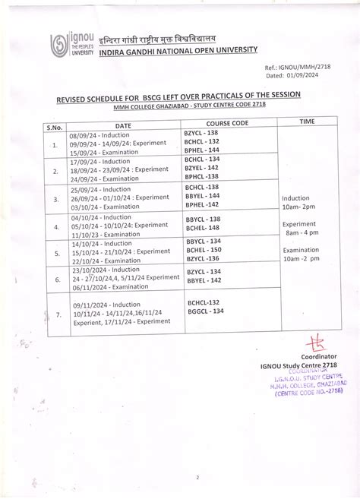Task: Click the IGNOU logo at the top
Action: point(71,43)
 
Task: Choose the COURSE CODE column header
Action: point(227,122)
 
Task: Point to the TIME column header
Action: point(307,121)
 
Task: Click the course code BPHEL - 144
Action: point(201,150)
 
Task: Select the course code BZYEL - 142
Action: point(201,167)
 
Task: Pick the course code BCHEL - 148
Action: point(203,227)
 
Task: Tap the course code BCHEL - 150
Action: point(204,249)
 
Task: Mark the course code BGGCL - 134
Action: point(206,311)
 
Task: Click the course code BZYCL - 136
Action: point(203,258)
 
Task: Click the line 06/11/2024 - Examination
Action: point(110,286)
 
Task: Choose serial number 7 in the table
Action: point(55,313)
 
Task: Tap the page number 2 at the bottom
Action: point(196,478)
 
